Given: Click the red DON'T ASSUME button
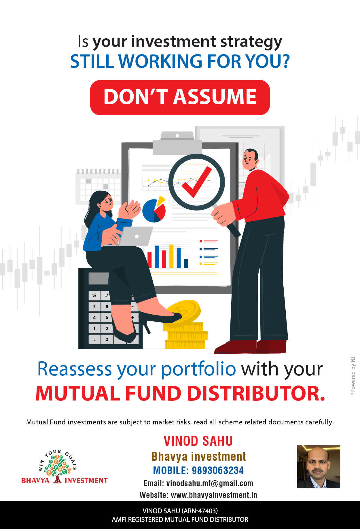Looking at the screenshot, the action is [180, 97].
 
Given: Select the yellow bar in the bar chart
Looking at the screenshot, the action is [171, 256].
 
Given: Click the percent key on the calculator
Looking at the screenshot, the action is [94, 296].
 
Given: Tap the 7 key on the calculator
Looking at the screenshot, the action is [94, 307].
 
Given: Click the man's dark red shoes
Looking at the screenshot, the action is [251, 347].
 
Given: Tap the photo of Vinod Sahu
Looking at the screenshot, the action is [319, 466].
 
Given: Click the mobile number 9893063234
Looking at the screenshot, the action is [218, 470].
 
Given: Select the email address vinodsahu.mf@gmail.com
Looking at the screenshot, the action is [210, 483].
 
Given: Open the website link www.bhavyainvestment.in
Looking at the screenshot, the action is [214, 495].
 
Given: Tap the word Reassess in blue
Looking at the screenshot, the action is [75, 369].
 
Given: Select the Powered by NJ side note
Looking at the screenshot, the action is [353, 376].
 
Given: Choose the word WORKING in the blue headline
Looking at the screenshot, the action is [160, 61].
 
